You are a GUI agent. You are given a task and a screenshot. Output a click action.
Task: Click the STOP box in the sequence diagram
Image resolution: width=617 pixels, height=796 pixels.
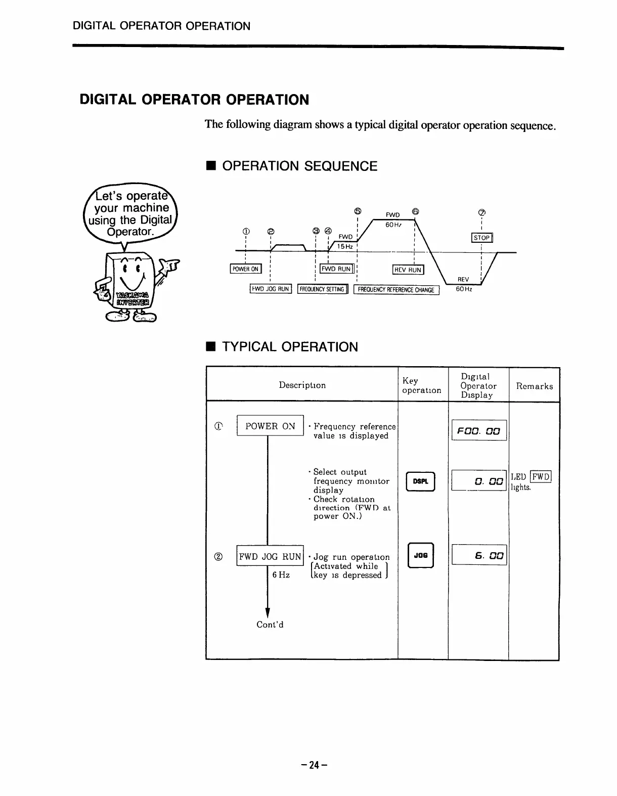[481, 238]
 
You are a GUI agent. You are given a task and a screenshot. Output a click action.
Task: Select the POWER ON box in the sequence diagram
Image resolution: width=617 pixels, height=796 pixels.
[245, 269]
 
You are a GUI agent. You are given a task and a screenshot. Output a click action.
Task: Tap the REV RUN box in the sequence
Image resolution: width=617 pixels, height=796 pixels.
[409, 270]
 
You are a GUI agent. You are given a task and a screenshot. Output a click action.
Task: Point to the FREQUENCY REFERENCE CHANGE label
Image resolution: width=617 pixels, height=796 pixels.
[396, 290]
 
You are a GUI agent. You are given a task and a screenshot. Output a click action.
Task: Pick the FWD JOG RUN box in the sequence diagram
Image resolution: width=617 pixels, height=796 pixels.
[271, 289]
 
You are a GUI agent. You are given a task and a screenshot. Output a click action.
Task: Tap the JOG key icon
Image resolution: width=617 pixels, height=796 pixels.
[420, 555]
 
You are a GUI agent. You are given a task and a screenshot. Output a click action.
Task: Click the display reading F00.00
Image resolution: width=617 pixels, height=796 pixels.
[479, 431]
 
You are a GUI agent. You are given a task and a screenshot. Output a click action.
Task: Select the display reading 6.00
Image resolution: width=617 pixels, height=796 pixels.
[479, 555]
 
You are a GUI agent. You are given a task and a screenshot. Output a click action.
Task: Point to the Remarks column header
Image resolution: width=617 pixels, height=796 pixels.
[534, 386]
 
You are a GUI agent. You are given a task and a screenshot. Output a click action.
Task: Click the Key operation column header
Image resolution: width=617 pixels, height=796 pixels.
[421, 385]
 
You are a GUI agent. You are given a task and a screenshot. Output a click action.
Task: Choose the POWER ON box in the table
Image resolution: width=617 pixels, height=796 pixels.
[270, 426]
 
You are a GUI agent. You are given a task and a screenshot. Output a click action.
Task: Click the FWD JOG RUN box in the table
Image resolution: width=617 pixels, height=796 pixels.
[270, 557]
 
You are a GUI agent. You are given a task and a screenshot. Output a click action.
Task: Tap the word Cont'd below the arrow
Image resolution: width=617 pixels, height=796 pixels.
[270, 625]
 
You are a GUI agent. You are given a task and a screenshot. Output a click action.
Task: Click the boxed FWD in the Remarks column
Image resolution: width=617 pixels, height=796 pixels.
[540, 477]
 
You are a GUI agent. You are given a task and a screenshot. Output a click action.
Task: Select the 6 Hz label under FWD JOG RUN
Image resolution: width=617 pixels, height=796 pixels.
[281, 575]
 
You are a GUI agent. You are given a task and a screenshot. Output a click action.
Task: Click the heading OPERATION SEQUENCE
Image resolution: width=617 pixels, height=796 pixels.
[299, 166]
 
